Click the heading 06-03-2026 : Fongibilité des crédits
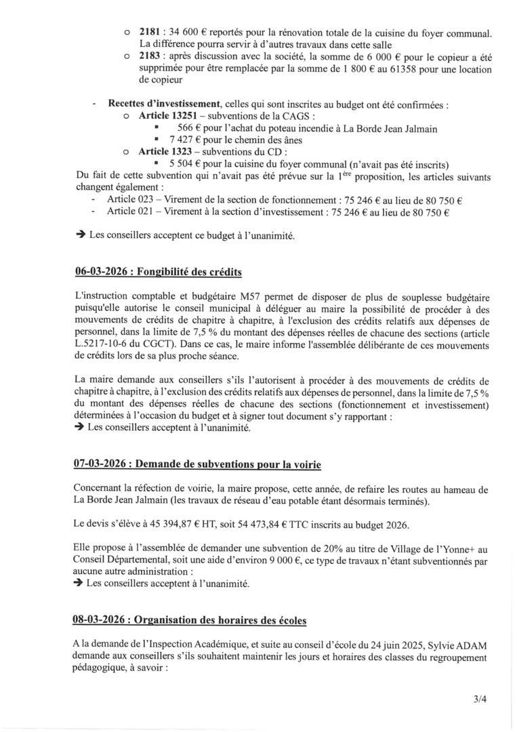pyautogui.click(x=158, y=272)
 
